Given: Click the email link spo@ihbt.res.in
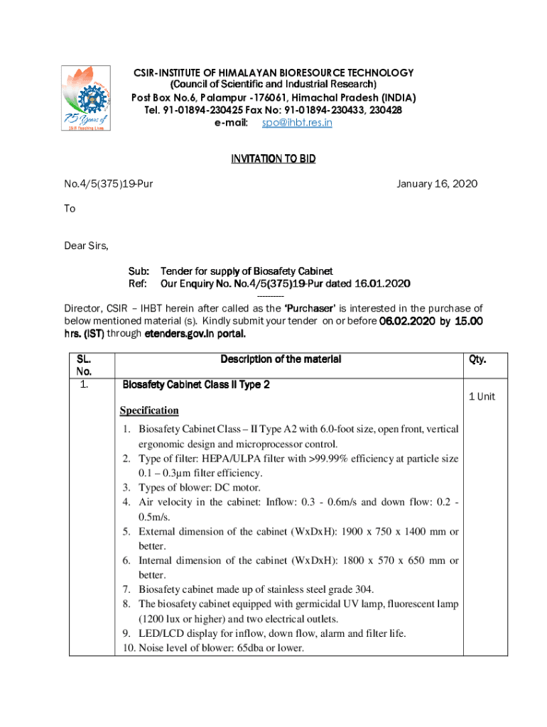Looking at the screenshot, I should (x=296, y=123).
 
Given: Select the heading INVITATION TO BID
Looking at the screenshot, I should (x=273, y=159).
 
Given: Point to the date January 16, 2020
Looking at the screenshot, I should (x=437, y=184).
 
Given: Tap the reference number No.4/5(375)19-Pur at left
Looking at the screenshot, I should (x=109, y=184).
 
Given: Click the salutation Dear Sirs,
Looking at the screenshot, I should (x=87, y=246).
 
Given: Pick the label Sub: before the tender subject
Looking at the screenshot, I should (x=138, y=271).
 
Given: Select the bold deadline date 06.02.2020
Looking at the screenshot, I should (x=406, y=321).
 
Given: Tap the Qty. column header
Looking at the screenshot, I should (x=477, y=359).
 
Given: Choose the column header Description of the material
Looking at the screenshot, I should (x=281, y=359).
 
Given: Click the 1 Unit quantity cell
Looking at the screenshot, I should (x=482, y=396).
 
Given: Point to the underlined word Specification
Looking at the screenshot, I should (x=149, y=410).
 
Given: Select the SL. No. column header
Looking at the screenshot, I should (x=84, y=365).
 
